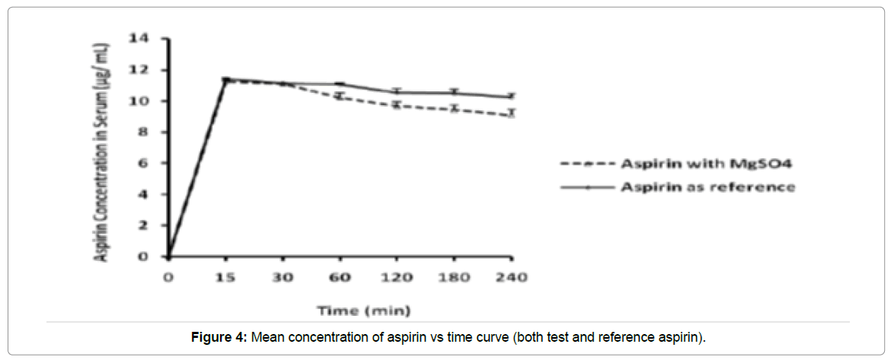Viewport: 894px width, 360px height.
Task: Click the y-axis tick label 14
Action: point(142,38)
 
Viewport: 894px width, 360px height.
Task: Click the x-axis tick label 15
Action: point(225,277)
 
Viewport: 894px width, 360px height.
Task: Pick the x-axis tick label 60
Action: point(340,277)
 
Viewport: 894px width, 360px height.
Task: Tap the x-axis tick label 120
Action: point(397,277)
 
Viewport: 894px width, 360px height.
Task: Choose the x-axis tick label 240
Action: point(511,277)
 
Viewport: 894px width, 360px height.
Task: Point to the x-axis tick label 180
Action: point(454,277)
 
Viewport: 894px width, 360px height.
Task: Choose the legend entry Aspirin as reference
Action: point(708,186)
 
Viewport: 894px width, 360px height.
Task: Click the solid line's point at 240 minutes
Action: point(511,97)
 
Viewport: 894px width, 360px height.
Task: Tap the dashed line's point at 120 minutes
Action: point(397,105)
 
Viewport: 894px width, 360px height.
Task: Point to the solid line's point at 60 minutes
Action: point(340,84)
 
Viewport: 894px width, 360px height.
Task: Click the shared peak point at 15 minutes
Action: point(225,79)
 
